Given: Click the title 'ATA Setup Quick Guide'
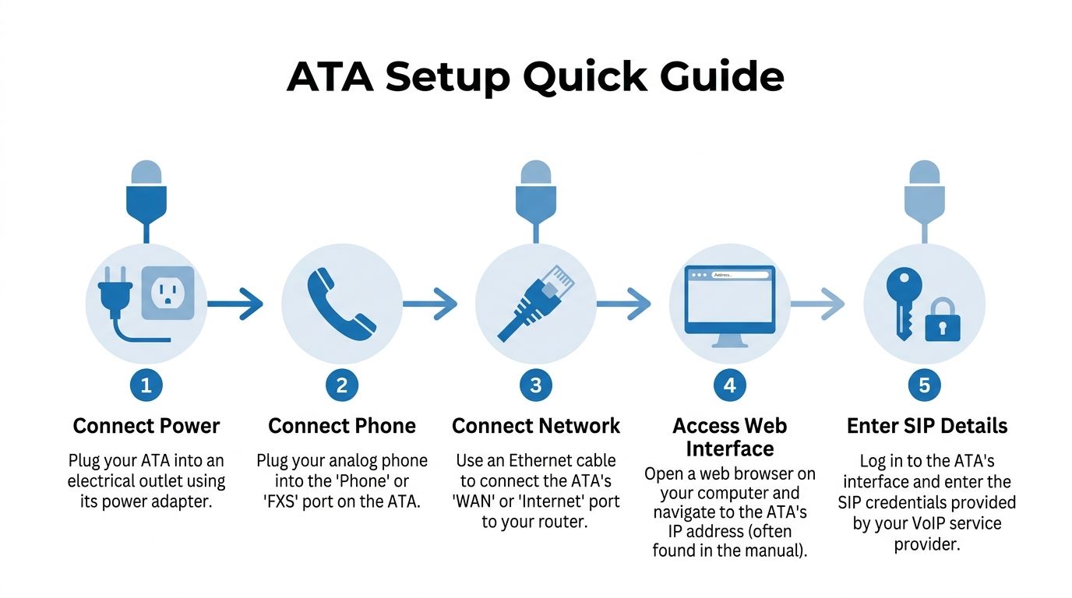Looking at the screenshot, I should click(535, 77).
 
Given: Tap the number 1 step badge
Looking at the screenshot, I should click(146, 385).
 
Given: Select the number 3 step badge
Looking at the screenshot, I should click(535, 385).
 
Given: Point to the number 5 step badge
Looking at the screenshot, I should click(925, 385).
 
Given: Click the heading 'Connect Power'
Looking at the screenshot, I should click(146, 426).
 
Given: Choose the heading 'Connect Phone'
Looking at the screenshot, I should click(342, 426).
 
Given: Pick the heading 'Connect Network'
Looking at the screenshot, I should click(536, 426).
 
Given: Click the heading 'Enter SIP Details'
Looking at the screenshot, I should click(927, 426).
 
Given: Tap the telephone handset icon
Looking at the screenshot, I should click(341, 304).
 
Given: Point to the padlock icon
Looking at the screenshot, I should click(943, 321).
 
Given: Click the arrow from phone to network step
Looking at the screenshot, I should click(429, 304).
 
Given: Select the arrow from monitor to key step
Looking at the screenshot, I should click(817, 304).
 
